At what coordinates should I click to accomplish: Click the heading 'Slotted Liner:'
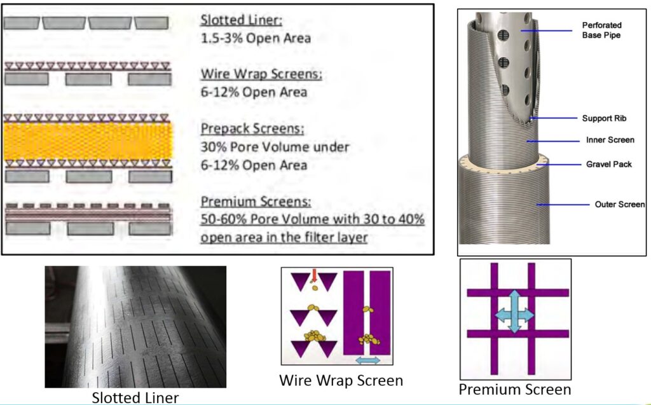[241, 20]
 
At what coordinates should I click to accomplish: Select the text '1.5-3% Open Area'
[256, 38]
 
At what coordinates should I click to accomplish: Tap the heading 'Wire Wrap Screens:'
[261, 74]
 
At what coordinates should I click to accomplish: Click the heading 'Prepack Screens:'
[252, 128]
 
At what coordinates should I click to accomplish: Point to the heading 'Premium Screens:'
[256, 202]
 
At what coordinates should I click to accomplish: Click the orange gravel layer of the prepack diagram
[88, 141]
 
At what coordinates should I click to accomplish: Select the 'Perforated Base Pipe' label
[601, 30]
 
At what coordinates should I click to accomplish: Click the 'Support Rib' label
[604, 118]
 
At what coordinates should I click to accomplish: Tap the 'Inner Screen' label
[610, 140]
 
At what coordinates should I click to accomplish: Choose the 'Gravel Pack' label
[609, 164]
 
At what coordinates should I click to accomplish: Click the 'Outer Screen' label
[620, 204]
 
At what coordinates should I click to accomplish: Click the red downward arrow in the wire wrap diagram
[314, 276]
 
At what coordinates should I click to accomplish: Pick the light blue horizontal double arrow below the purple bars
[368, 360]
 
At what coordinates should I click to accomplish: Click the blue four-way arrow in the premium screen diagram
[514, 312]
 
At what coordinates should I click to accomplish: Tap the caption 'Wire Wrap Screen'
[341, 380]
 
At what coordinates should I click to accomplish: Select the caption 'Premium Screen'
[515, 389]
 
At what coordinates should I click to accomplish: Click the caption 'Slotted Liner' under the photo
[135, 397]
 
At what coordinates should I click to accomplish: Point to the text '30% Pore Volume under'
[275, 147]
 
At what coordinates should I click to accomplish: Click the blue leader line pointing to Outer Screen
[563, 204]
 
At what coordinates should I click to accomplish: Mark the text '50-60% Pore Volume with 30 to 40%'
[313, 219]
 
